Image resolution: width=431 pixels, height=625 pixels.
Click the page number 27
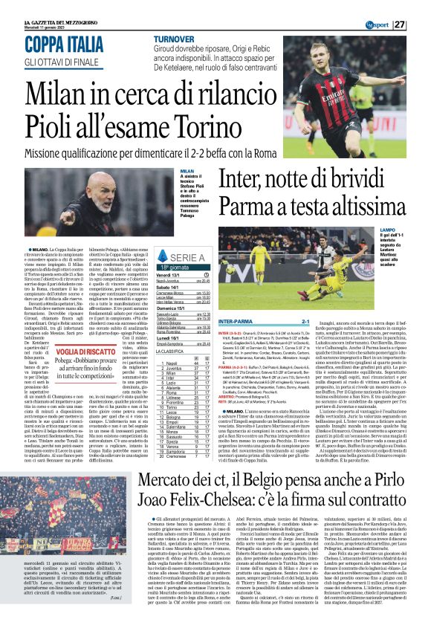[x=421, y=25]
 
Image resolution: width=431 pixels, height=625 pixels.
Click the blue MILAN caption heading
[x=187, y=171]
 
